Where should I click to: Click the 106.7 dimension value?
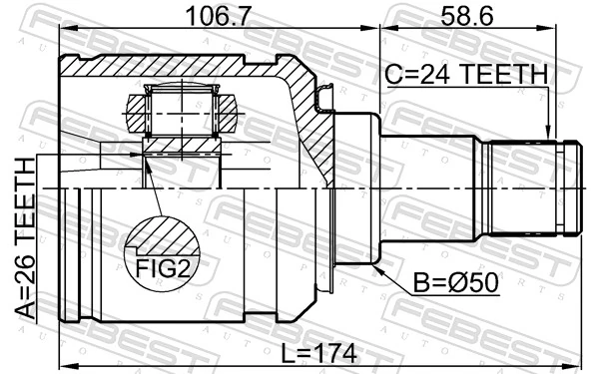[x=218, y=16]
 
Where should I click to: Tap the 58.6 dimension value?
[x=467, y=16]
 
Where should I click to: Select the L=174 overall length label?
[x=318, y=353]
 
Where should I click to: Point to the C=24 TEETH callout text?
[x=466, y=74]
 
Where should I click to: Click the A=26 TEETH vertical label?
[x=25, y=238]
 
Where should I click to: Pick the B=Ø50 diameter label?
[x=456, y=283]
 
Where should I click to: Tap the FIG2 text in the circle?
[x=163, y=268]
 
